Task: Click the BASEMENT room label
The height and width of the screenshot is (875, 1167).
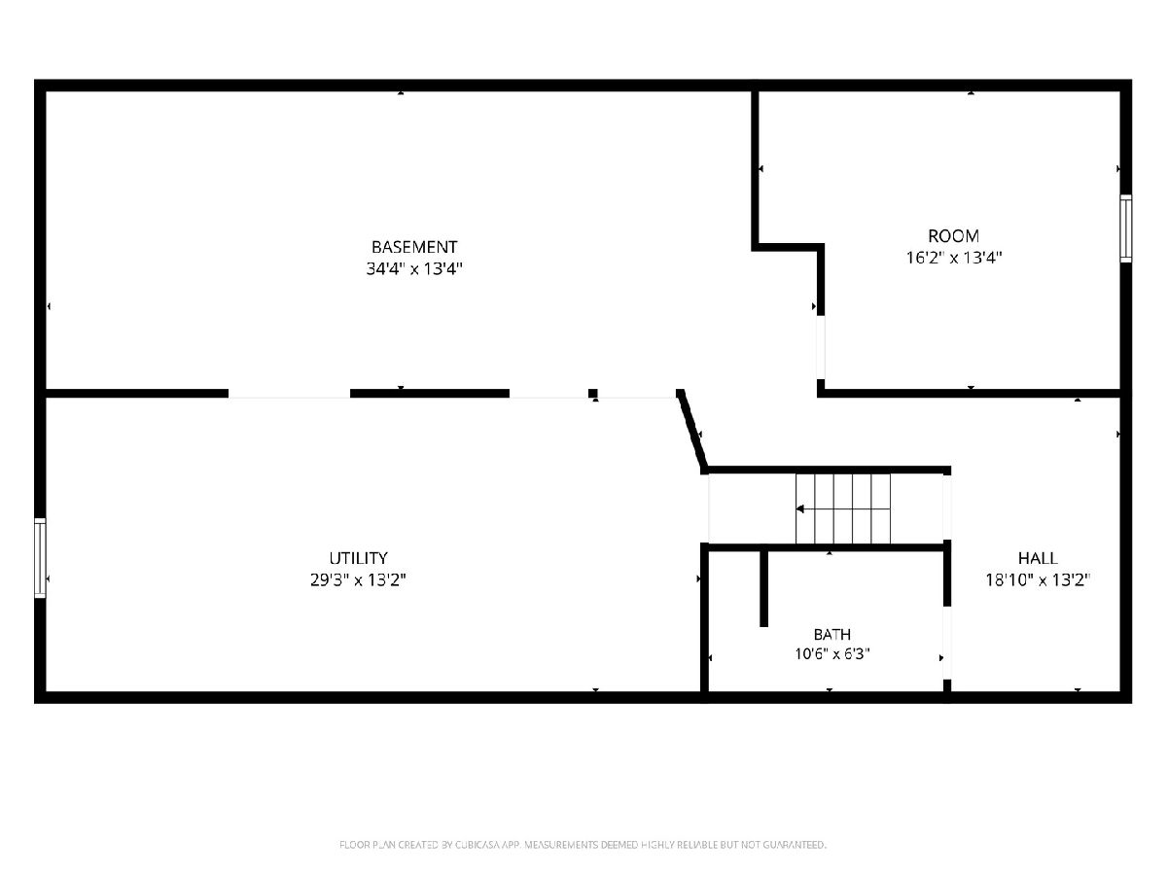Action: (x=414, y=247)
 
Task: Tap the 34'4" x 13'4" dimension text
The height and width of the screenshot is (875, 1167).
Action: (x=414, y=269)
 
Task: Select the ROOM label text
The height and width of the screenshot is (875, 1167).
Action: (x=953, y=236)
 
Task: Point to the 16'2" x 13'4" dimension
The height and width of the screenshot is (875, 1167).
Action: (x=954, y=258)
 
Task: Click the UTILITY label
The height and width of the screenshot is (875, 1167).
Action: (x=358, y=558)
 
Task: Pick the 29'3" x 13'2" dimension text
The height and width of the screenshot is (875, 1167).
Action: (x=358, y=579)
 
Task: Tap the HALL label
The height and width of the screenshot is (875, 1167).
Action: (x=1038, y=558)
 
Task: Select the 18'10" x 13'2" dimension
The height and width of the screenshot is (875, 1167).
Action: (x=1038, y=579)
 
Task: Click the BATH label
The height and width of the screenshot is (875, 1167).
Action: (x=832, y=634)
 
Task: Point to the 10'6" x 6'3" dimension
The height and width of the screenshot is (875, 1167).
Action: (x=832, y=654)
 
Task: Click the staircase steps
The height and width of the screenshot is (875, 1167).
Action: (x=843, y=508)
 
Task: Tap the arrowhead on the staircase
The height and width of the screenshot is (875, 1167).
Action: (x=799, y=508)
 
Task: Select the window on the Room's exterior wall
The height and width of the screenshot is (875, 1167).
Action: (x=1125, y=228)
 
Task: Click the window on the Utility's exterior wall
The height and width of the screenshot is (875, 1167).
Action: (x=40, y=558)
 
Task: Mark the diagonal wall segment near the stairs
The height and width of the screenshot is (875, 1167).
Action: (x=691, y=432)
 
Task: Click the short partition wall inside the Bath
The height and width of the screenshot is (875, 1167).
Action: (x=763, y=588)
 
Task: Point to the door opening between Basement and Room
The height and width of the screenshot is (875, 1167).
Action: (x=821, y=347)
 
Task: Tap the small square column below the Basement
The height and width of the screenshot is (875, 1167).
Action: (x=593, y=394)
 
